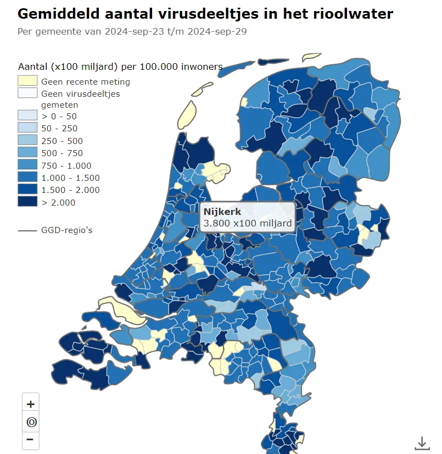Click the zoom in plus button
coord(30,404)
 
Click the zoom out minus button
coord(30,440)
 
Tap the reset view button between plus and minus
coord(30,422)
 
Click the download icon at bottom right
coord(422,442)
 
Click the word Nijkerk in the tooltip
coord(222,212)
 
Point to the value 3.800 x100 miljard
coord(247,224)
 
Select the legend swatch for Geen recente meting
coord(27,81)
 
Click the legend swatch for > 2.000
coord(27,202)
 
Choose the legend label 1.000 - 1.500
coord(70,178)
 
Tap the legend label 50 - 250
coord(59,129)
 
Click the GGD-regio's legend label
coord(66,230)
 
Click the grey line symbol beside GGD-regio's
coord(27,230)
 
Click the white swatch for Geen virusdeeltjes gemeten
coord(27,93)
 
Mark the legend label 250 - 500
coord(61,141)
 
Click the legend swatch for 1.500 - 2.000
coord(27,190)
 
